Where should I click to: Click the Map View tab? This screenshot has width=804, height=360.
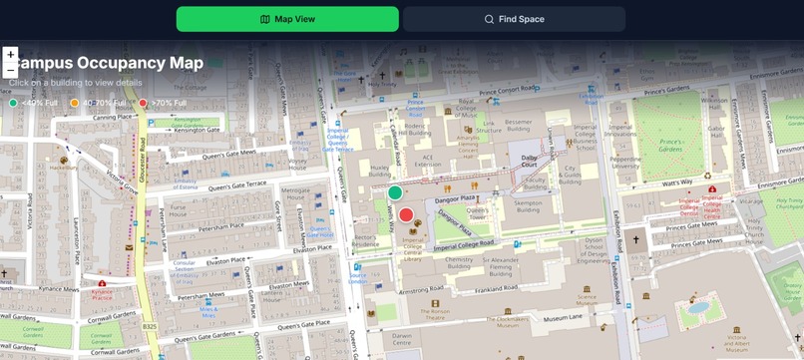287,19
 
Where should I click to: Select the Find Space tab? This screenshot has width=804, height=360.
514,19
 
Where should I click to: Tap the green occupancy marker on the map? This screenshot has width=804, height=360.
395,192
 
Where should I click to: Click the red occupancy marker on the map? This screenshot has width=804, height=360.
406,214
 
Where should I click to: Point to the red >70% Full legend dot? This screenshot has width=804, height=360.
143,103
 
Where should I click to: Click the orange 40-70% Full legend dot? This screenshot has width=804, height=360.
75,103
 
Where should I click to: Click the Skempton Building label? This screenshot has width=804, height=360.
528,205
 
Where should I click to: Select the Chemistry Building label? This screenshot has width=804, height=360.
459,262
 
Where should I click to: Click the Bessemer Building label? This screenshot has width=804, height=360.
519,125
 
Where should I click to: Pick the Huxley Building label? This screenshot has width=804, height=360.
380,171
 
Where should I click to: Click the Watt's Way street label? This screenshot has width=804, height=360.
677,182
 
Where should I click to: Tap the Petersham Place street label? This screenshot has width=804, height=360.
220,228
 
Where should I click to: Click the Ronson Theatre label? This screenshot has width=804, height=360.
435,313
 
